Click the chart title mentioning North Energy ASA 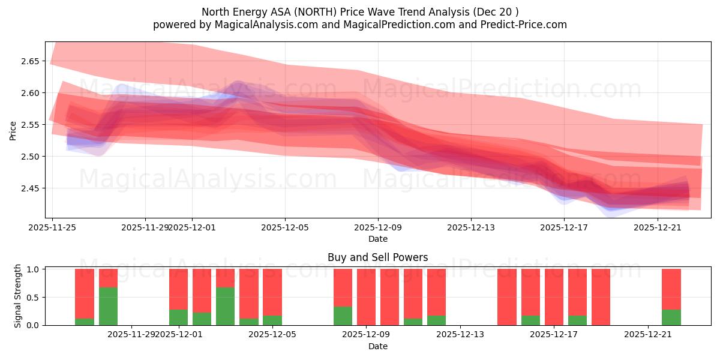pos(360,12)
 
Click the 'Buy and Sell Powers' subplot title pos(377,257)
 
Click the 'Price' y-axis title pos(13,130)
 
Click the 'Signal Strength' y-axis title pos(18,296)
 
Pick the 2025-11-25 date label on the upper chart pos(52,227)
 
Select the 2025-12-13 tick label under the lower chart pos(460,334)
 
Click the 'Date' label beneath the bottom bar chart pos(377,346)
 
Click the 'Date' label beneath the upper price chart pos(377,239)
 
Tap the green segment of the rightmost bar pos(671,317)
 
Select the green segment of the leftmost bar pos(85,322)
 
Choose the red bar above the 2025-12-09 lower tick pos(366,296)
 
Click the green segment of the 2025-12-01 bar pos(178,317)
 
